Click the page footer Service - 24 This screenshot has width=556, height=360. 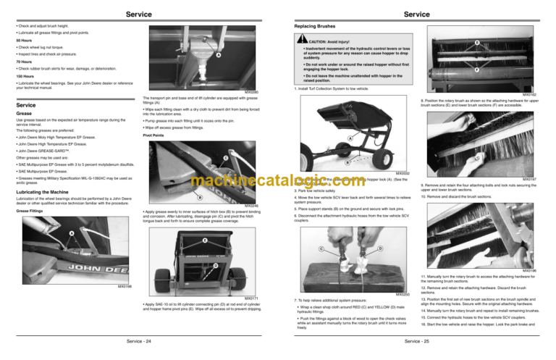[140, 338]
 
